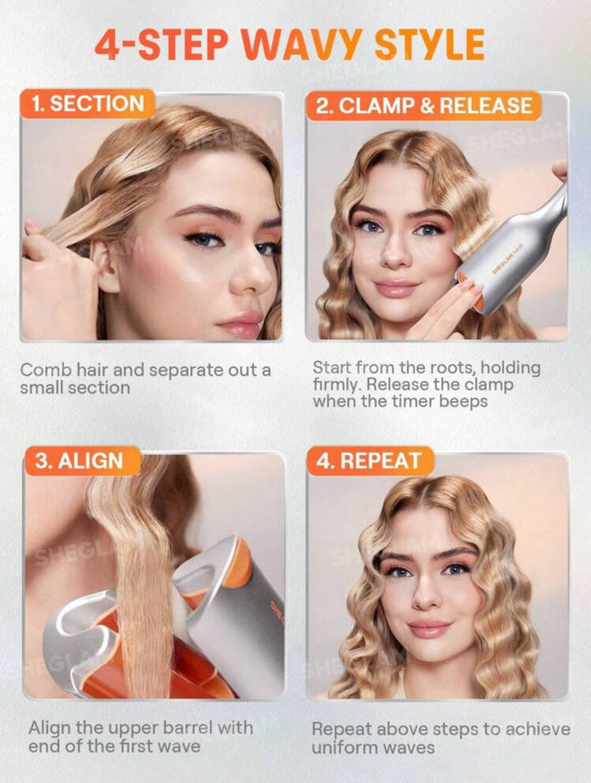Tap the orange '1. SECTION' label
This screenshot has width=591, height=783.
click(x=88, y=104)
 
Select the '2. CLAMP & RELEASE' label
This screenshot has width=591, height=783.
click(x=424, y=106)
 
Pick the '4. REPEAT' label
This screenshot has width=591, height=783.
click(x=369, y=460)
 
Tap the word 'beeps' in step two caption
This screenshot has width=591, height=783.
click(x=463, y=401)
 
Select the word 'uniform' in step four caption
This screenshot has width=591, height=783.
click(x=342, y=748)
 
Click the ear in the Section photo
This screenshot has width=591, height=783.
click(x=105, y=265)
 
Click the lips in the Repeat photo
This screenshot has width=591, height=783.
click(x=429, y=629)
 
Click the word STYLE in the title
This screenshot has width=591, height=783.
click(x=429, y=45)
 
